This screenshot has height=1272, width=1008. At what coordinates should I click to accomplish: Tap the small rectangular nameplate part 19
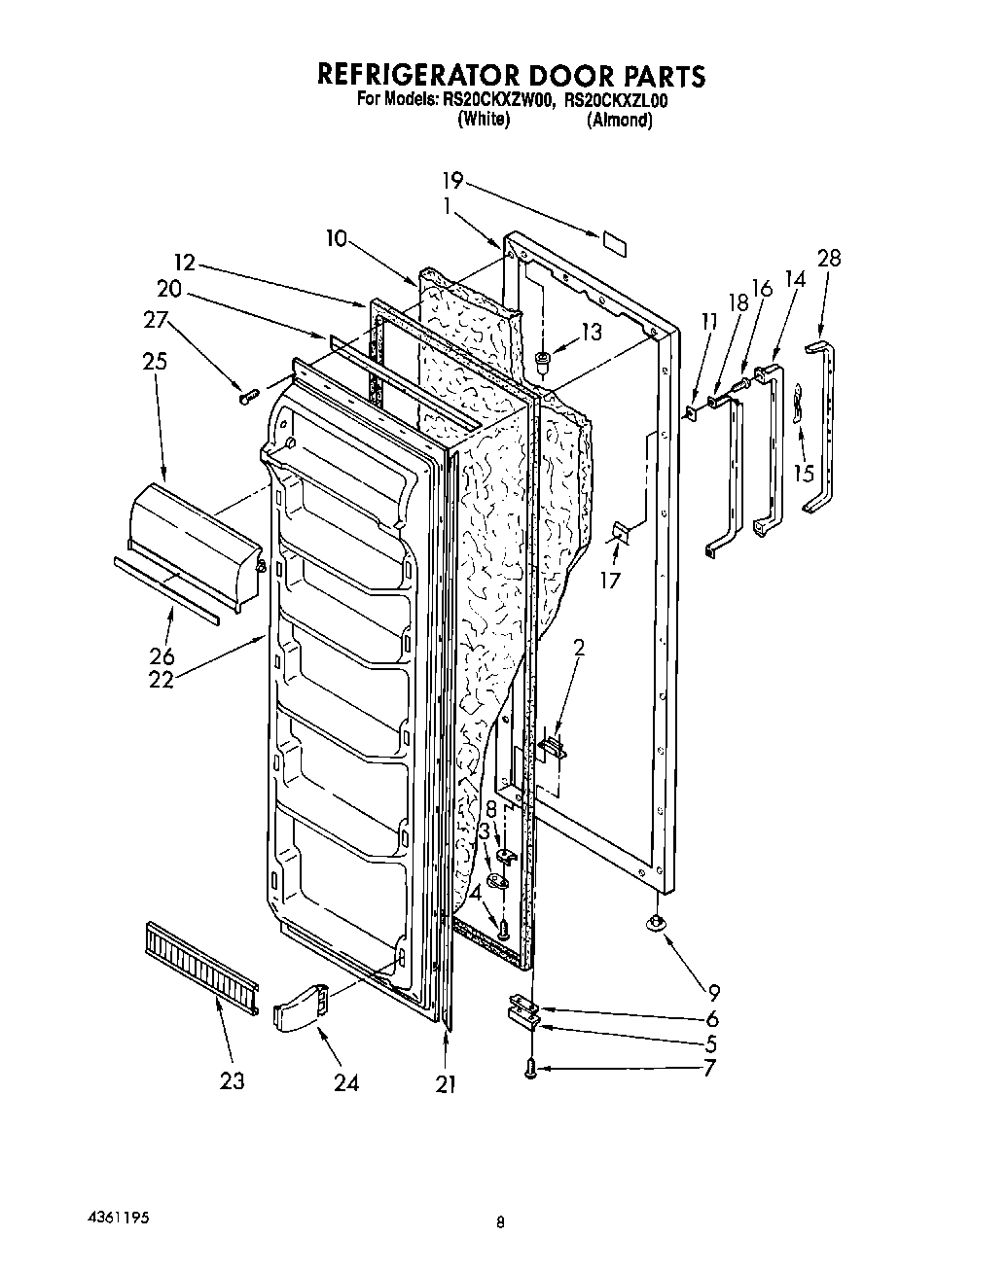point(613,243)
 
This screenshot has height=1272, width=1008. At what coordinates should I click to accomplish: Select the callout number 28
point(829,258)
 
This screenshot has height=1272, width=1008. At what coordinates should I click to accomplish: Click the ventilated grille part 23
point(201,965)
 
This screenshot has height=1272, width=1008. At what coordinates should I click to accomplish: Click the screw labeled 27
point(247,395)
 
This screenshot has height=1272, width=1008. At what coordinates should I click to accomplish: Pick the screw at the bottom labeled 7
point(531,1068)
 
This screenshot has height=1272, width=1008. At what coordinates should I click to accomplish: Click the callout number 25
point(154,361)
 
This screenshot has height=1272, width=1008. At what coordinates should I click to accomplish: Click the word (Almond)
point(619,120)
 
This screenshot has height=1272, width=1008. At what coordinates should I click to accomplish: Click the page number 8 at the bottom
point(499,1223)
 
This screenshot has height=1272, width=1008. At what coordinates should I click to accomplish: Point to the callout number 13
point(591,333)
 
